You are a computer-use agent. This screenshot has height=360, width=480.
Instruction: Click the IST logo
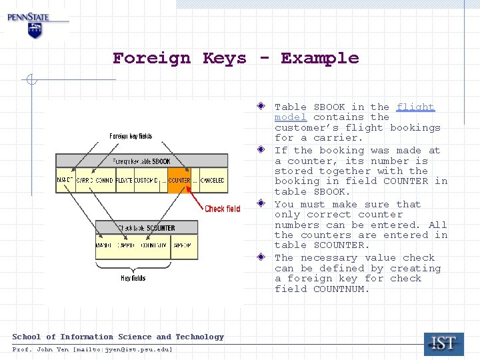443,344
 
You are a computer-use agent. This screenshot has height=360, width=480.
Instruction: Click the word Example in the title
319,59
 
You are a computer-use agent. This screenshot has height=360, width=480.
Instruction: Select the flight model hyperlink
415,107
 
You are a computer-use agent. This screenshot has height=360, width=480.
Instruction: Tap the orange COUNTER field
179,181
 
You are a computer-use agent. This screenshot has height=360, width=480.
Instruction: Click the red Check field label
222,209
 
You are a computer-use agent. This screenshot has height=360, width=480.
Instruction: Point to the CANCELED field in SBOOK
212,181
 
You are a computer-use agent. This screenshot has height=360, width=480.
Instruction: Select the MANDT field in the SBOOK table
65,181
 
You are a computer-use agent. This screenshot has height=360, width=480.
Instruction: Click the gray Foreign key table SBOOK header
141,161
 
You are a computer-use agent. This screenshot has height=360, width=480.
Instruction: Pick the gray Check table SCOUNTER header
147,228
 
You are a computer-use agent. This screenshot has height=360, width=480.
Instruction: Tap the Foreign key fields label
131,136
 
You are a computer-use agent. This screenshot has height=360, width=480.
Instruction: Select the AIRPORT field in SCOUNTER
183,245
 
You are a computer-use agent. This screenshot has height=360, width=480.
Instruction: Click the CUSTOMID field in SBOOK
145,181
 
